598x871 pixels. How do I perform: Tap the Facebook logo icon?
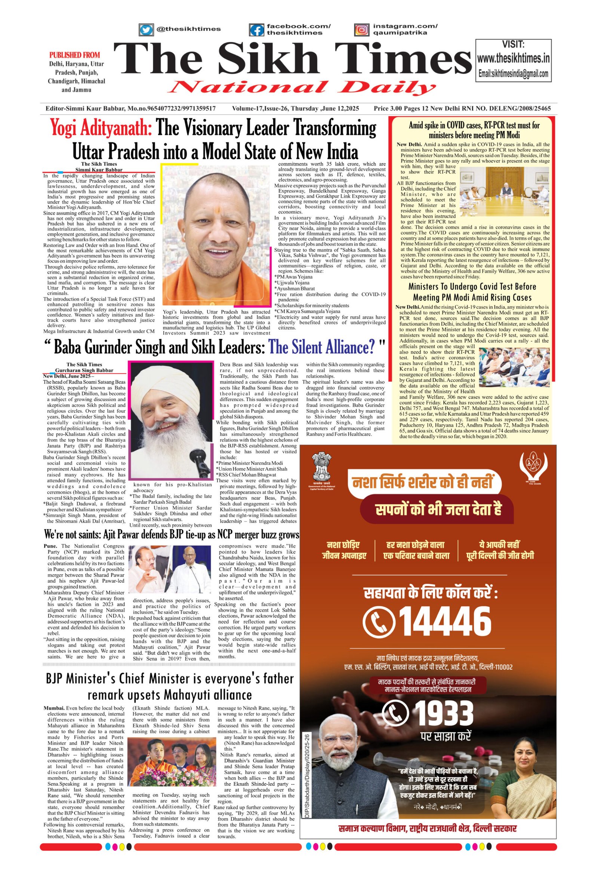256,30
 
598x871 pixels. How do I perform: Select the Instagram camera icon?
361,30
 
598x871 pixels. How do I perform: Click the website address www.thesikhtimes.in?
513,58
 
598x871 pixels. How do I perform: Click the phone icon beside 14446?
379,621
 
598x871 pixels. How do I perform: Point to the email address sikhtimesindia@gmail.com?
513,74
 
